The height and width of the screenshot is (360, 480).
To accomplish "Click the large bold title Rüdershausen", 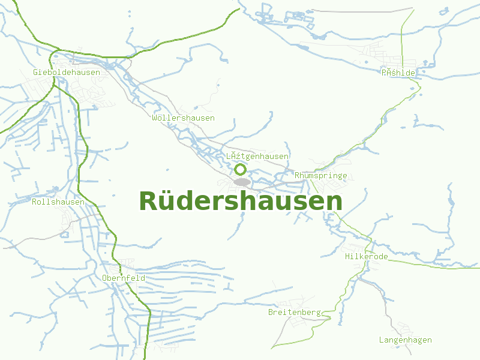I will tap(241, 202).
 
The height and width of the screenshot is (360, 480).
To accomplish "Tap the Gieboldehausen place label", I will tap(67, 72).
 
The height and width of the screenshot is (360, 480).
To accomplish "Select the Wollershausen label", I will tap(183, 118).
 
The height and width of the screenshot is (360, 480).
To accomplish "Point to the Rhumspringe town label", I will tap(321, 175).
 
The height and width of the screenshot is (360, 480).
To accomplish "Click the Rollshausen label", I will tap(58, 202).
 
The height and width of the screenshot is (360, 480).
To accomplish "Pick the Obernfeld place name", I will tap(124, 278).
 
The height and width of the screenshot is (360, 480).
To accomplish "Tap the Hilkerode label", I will tap(366, 256).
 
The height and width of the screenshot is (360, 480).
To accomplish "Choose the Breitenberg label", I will tap(295, 312).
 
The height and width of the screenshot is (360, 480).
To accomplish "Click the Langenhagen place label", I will tap(405, 340).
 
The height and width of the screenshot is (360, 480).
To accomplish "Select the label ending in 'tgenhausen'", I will tap(257, 156).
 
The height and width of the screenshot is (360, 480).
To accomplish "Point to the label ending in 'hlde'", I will tap(398, 72).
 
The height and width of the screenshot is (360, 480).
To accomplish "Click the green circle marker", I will tap(240, 170).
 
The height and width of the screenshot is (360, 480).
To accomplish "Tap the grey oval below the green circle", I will tap(242, 181).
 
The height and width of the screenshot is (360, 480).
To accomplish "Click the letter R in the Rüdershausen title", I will tap(148, 202).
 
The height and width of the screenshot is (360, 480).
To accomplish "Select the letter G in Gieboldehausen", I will tap(36, 72).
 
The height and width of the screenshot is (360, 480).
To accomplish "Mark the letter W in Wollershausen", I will tap(155, 118).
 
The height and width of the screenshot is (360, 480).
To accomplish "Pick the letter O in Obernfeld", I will tap(105, 278).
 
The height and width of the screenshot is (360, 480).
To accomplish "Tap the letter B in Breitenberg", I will tap(271, 312).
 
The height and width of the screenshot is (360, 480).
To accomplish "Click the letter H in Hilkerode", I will tap(347, 256).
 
